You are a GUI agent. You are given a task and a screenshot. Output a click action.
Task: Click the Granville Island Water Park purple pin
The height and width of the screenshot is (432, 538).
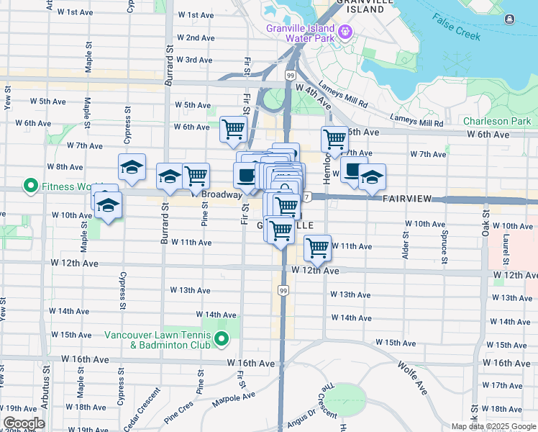(x=345, y=31)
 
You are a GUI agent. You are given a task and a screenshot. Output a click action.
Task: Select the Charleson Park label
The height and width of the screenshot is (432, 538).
(x=496, y=122)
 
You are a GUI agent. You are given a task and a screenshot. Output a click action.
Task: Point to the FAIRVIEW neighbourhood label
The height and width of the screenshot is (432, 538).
(x=411, y=198)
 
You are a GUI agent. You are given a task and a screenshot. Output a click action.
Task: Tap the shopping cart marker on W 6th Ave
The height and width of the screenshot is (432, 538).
(x=233, y=130)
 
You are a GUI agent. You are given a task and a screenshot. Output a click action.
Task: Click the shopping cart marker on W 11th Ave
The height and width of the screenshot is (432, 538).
(x=317, y=248)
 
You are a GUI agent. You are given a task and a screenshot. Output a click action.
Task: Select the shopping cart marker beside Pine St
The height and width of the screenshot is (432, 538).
(x=196, y=176)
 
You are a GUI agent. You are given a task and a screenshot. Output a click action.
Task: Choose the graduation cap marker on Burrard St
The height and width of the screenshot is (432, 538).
(x=170, y=176)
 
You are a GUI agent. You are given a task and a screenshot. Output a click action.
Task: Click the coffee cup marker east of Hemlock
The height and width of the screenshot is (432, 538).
(x=352, y=171)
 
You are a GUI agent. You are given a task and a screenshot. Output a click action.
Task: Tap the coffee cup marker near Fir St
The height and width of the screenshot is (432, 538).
(x=247, y=176)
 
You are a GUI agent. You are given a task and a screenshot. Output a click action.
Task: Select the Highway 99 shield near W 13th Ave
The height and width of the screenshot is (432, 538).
(x=283, y=290)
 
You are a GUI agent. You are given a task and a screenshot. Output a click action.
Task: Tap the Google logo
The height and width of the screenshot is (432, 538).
(x=24, y=423)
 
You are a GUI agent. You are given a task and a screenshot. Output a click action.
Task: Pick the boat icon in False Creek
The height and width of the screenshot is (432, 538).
(x=509, y=19)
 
